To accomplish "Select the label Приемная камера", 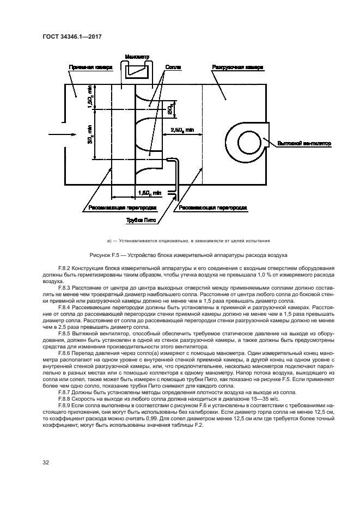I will click(90, 68).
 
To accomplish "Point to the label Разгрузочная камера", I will click(237, 68).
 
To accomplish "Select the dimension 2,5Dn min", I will click(181, 131).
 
